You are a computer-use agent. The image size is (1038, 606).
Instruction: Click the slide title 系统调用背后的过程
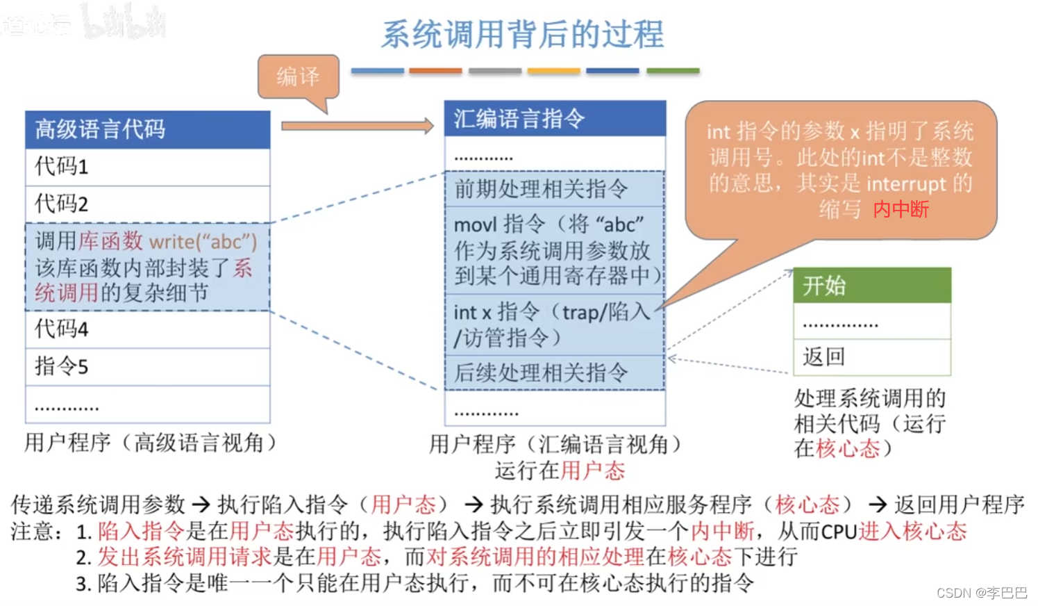click(522, 35)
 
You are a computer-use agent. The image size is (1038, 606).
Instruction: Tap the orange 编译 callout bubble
click(299, 76)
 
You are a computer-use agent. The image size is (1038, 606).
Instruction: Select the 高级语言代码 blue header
click(147, 129)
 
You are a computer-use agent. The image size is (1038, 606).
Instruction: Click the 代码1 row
click(147, 167)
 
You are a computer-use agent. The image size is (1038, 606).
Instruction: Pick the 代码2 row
click(147, 204)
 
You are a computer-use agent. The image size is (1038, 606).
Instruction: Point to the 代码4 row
click(147, 329)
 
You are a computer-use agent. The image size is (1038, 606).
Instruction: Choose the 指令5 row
click(147, 367)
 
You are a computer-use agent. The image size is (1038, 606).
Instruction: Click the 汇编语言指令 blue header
click(554, 119)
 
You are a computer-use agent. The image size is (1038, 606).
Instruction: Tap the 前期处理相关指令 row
click(554, 189)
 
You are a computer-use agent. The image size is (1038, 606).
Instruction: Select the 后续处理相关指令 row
click(554, 373)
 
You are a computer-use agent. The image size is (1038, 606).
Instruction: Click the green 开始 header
click(871, 286)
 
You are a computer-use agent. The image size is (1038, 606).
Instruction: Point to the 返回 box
click(871, 357)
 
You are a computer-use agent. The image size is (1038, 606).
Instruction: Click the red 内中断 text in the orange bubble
click(901, 209)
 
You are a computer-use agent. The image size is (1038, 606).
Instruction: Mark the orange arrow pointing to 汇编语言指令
click(357, 126)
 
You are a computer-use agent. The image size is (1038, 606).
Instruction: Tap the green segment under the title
click(672, 71)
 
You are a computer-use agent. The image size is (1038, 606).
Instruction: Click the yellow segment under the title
click(553, 71)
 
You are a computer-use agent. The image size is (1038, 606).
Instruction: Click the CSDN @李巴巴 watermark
click(981, 593)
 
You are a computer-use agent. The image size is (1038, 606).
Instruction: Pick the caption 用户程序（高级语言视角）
click(150, 443)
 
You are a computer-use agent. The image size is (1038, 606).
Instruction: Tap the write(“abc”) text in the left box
click(203, 242)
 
